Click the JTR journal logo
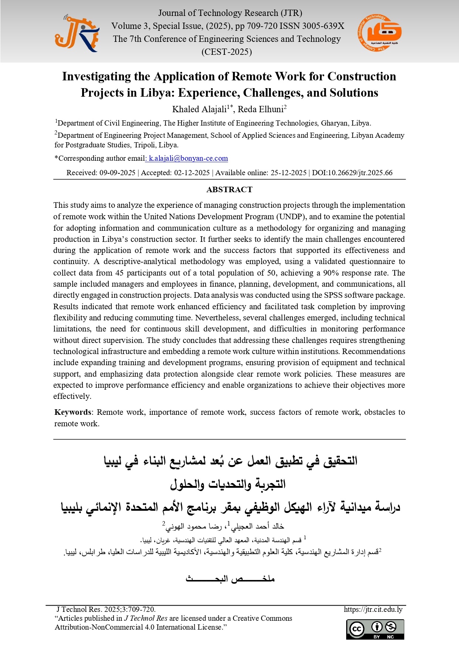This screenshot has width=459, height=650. coord(77,33)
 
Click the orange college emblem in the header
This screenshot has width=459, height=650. coord(379,33)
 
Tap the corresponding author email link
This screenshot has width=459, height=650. coord(188,159)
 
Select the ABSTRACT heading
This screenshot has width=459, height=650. coord(229,190)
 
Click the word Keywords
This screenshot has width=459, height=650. coord(73,412)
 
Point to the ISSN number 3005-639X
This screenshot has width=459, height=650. coord(323,26)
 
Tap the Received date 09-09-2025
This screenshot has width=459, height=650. coord(117,173)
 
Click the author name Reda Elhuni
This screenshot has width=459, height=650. coord(260,109)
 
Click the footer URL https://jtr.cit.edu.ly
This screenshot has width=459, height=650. coord(373,609)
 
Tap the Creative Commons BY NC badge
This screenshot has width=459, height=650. coord(375,629)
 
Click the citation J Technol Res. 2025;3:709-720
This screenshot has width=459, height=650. coord(106,609)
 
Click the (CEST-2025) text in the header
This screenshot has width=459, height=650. coord(227,52)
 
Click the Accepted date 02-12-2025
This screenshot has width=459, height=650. coord(192,173)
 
